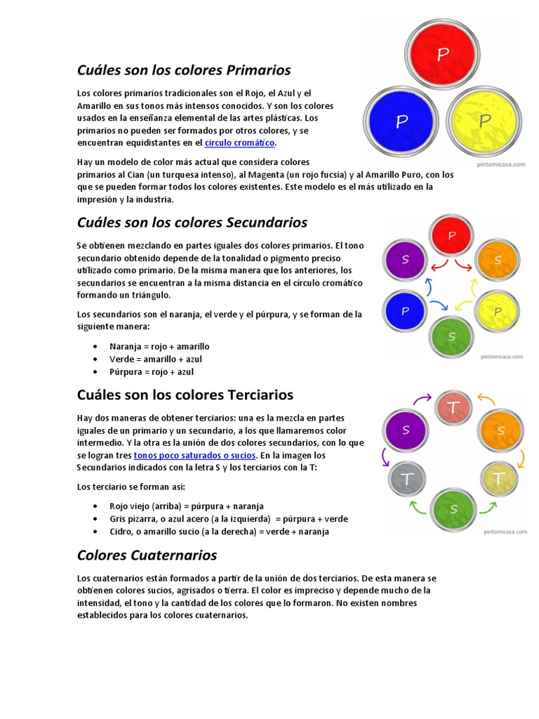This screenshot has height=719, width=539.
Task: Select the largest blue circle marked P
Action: coord(401,121)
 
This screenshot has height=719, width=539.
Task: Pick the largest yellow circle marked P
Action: coord(484,121)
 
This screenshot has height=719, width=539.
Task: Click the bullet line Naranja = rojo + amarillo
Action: coord(159,346)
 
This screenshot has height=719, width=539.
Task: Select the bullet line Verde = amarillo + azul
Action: coord(155,359)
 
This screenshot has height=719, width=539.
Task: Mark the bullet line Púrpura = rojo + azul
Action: coord(152,371)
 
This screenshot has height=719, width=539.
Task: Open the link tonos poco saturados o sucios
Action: coord(199,455)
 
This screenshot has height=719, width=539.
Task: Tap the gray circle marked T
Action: coord(406,479)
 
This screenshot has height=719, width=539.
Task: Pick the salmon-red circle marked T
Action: coord(453,408)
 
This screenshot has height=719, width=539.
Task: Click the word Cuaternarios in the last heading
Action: coord(174,555)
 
